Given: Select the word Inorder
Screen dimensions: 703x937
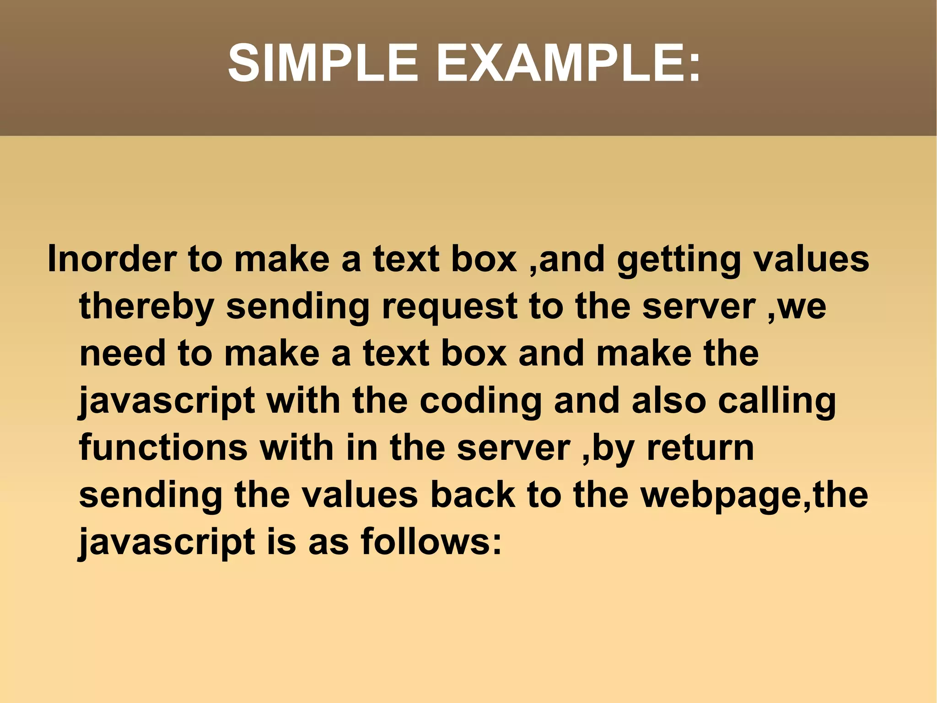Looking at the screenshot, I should pyautogui.click(x=112, y=259).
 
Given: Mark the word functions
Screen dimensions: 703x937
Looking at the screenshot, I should pyautogui.click(x=163, y=448).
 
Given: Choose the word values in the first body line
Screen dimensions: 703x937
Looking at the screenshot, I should pyautogui.click(x=811, y=259).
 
